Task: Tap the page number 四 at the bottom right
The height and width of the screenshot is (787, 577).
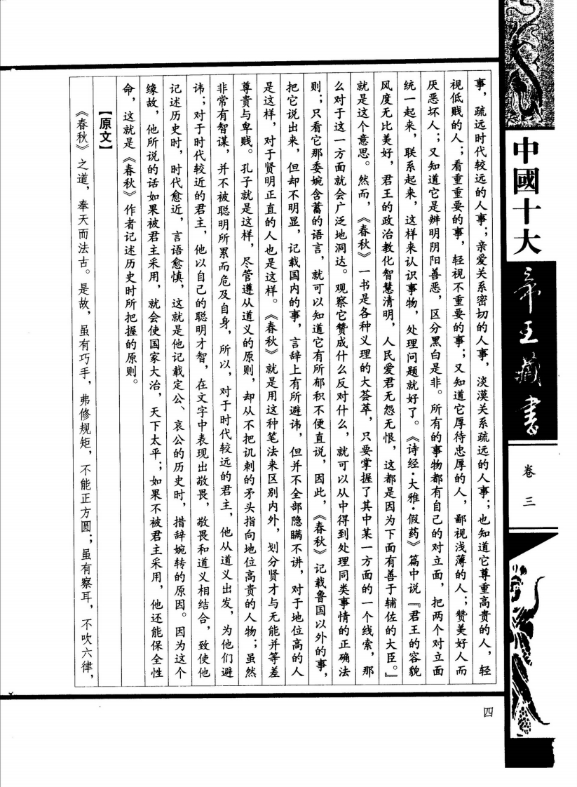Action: tap(488, 713)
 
